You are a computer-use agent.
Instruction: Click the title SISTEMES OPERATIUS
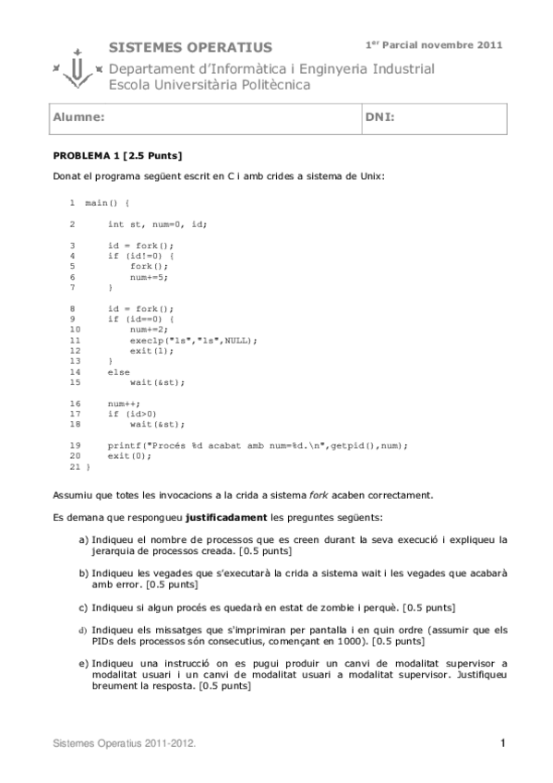[x=190, y=47]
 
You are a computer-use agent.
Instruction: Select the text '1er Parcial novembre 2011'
[x=434, y=44]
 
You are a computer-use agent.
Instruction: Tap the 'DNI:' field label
[x=380, y=118]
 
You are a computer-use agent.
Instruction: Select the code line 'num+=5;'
[x=149, y=276]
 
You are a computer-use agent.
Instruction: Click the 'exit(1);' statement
[x=149, y=350]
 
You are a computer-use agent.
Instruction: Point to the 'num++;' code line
[x=122, y=404]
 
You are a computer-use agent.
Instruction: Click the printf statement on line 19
[x=257, y=445]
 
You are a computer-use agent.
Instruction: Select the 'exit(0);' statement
[x=126, y=456]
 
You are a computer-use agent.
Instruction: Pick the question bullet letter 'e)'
[x=83, y=663]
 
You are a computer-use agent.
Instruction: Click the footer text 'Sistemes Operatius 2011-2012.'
[x=124, y=742]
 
